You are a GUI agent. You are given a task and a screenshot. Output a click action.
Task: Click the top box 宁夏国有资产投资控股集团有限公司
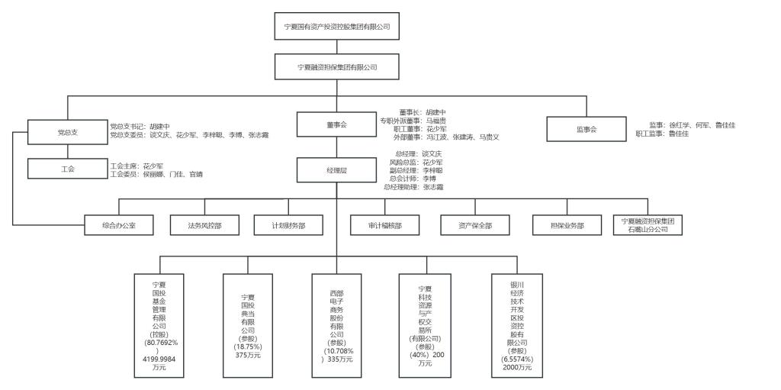(x=337, y=27)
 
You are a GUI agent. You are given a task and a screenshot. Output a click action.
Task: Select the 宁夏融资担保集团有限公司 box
(x=337, y=67)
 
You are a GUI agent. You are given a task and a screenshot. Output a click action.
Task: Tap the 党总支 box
(x=67, y=132)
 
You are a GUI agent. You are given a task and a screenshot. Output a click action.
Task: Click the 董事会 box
(x=337, y=124)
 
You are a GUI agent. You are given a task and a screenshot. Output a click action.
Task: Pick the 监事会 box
(x=587, y=129)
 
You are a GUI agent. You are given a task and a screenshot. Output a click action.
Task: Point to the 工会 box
(x=67, y=169)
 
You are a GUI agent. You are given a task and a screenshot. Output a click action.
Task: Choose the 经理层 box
(x=337, y=172)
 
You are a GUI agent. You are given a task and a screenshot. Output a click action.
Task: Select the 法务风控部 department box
(x=204, y=226)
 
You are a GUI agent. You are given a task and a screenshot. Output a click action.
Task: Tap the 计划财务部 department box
(x=288, y=226)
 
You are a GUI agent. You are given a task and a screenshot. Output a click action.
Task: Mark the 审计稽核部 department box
(x=385, y=226)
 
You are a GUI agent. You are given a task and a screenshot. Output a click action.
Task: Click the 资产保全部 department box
(x=475, y=226)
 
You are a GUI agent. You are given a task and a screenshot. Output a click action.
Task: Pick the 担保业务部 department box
(x=567, y=226)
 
